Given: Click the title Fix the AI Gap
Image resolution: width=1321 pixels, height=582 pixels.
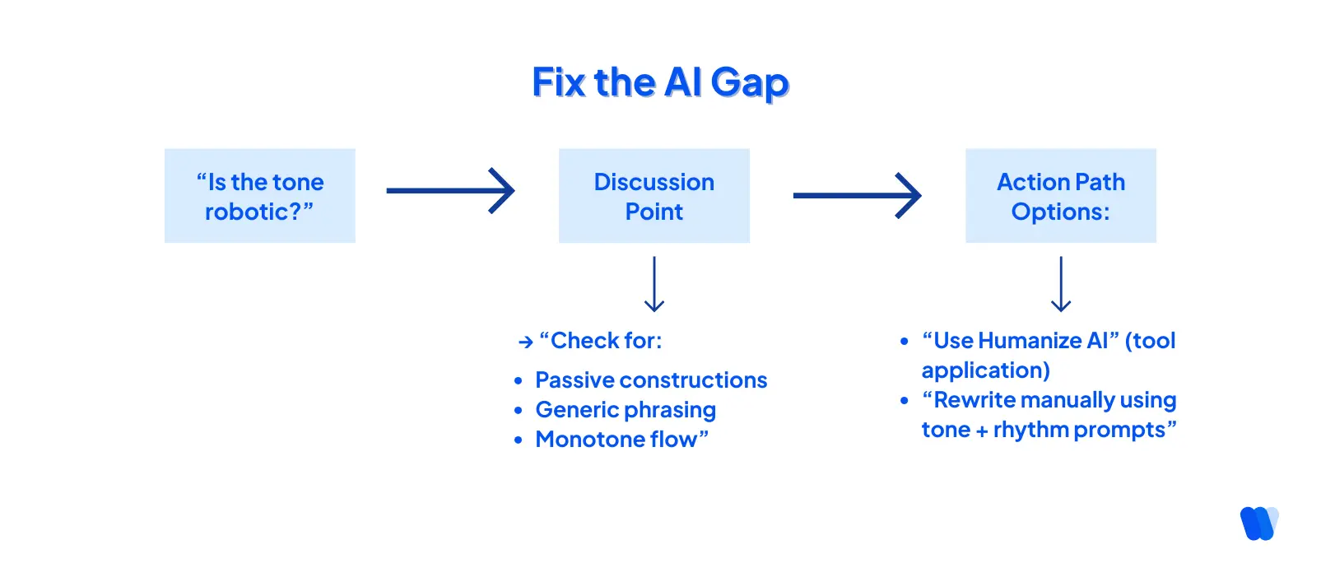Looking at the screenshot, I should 660,83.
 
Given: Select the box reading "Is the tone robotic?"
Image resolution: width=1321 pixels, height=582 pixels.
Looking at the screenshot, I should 260,196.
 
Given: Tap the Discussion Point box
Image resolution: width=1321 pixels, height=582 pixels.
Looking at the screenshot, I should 654,196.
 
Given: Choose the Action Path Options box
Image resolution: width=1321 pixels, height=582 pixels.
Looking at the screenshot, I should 1060,196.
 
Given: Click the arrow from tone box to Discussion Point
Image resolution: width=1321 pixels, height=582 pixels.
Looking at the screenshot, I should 450,191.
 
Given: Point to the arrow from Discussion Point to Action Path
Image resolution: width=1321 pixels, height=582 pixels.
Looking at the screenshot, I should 857,196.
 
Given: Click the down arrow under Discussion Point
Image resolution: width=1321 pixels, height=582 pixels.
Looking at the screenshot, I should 654,284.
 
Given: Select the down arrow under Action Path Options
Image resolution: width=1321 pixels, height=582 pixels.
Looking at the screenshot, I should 1061,284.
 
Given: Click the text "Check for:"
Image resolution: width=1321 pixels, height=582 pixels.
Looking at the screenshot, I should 606,341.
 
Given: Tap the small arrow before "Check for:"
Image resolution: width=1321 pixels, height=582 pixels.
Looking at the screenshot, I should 526,342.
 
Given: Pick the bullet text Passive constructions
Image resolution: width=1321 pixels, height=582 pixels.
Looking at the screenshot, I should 651,380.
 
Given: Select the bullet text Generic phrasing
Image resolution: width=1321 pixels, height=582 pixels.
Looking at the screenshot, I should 626,410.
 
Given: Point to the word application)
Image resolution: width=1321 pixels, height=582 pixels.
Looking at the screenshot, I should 985,370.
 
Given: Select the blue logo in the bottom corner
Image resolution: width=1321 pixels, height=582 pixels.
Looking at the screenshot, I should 1258,524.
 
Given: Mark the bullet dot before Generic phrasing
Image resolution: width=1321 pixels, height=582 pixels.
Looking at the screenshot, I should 519,410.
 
